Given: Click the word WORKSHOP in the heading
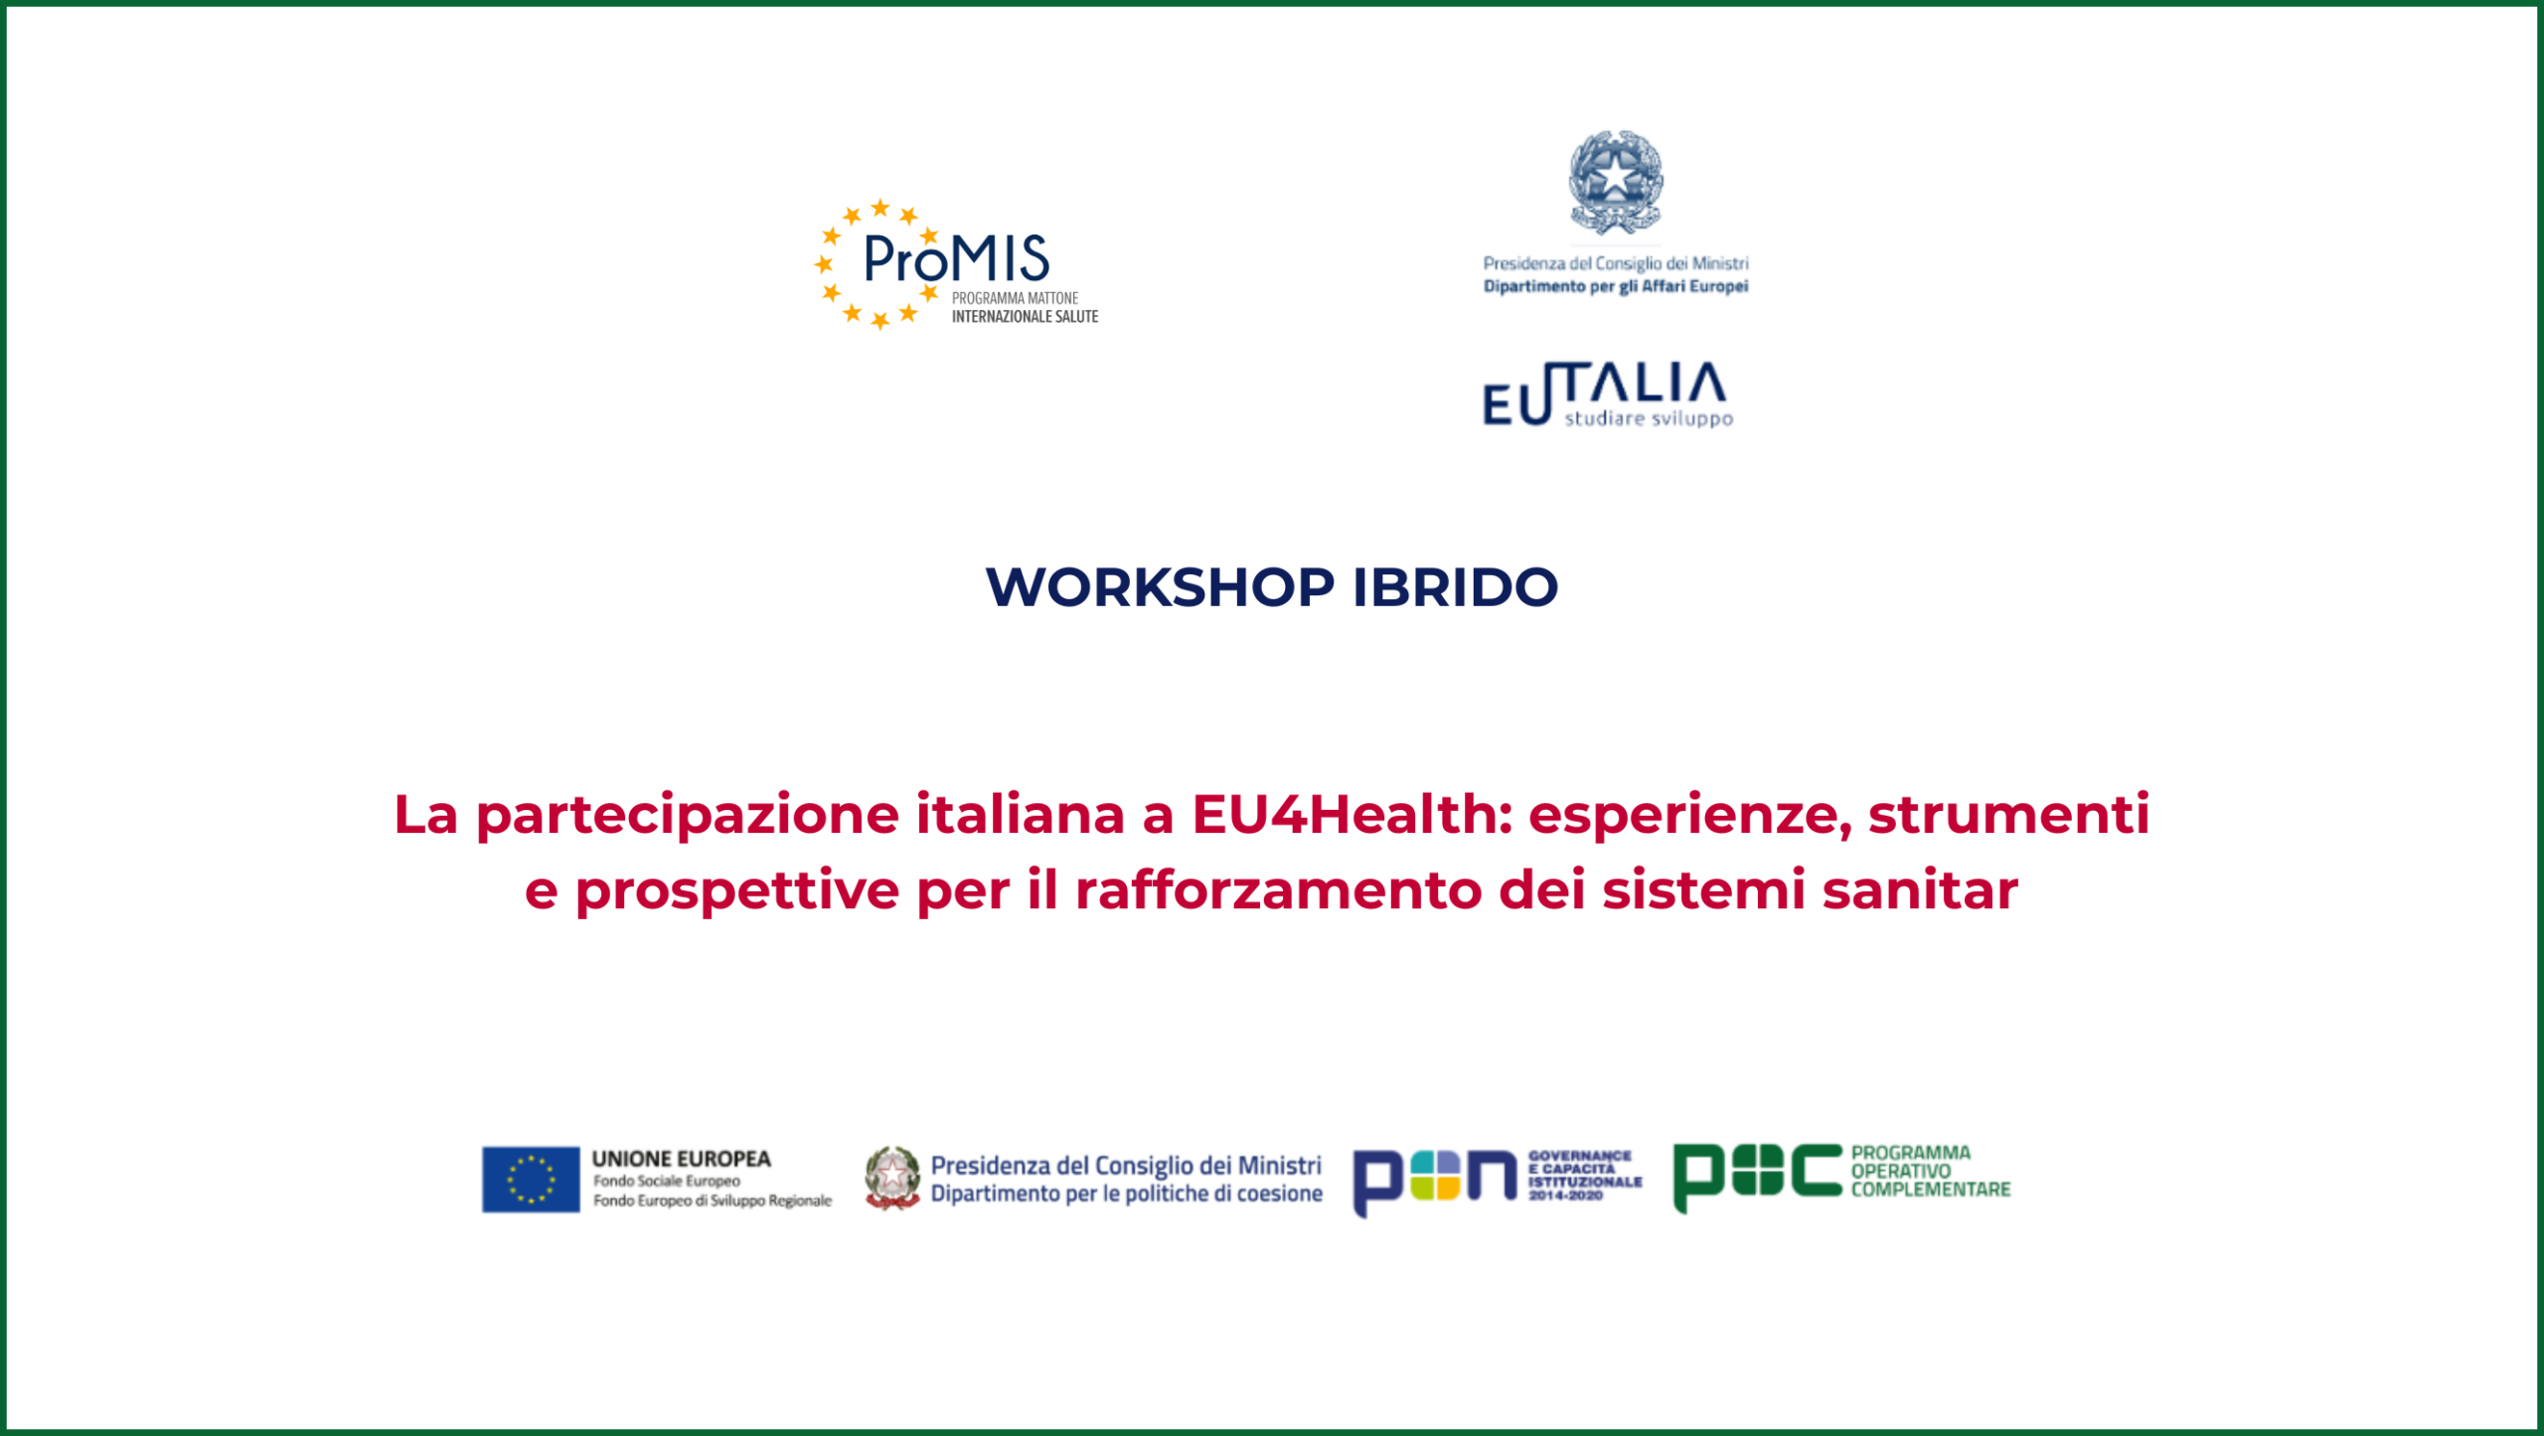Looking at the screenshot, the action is (x=1160, y=586).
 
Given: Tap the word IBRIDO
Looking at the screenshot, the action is (x=1456, y=586).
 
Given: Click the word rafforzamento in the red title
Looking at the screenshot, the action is (x=1278, y=889).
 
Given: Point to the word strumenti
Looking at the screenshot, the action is (x=2009, y=814).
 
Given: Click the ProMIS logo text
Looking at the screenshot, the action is (x=956, y=259).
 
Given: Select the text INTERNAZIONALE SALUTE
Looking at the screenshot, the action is (x=1025, y=317).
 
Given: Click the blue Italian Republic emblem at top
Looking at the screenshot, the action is (x=1616, y=182).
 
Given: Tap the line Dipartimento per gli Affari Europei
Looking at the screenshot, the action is (x=1616, y=287).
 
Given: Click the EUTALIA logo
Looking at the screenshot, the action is (x=1606, y=394).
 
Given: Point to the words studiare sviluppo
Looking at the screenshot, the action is (x=1649, y=419).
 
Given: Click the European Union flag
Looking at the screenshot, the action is (x=531, y=1180).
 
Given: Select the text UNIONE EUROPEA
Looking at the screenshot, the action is (x=682, y=1159).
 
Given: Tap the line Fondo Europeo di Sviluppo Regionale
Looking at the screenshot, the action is (x=713, y=1200).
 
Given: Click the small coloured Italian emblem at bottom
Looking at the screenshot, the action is (x=891, y=1178).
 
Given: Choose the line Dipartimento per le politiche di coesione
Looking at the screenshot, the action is (x=1126, y=1194).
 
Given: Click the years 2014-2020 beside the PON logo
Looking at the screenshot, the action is (x=1566, y=1196).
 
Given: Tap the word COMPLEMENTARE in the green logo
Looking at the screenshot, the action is (x=1930, y=1190).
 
